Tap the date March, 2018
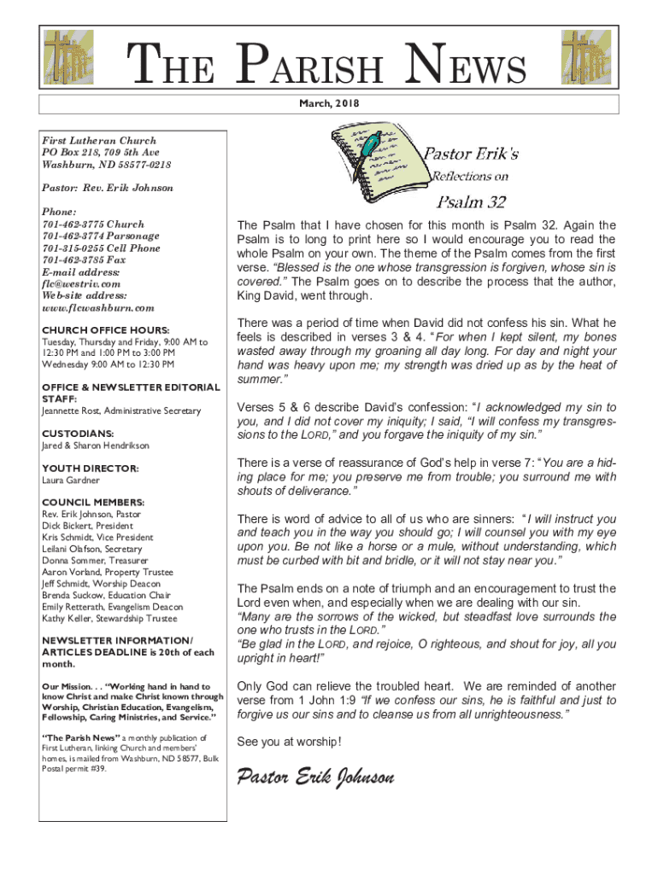[329, 103]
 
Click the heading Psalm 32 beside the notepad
[472, 202]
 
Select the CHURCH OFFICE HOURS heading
[105, 329]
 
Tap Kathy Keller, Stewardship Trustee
[109, 618]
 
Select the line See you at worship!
[289, 741]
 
